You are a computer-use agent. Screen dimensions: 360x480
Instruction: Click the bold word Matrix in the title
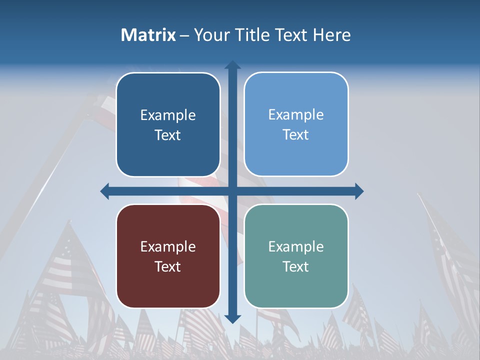148,35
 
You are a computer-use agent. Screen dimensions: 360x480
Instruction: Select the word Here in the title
331,35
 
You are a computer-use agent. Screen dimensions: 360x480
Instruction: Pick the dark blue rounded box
168,124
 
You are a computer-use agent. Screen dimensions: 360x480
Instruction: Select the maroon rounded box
168,256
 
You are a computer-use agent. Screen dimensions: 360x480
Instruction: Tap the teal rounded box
296,256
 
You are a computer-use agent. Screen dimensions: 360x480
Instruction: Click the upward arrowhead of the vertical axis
232,65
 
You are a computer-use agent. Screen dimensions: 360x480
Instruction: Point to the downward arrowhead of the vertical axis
232,318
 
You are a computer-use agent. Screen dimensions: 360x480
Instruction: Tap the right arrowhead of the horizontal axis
359,191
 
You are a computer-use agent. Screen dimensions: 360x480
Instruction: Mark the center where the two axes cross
232,191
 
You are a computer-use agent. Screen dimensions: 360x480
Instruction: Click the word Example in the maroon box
168,246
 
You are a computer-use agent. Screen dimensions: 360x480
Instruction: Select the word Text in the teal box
296,266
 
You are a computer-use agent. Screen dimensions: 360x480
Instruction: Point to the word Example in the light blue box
296,114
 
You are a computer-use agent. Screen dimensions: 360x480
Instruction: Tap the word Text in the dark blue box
168,135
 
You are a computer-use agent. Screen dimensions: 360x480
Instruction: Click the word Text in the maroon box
168,266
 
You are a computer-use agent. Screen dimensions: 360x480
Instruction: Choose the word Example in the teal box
296,246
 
